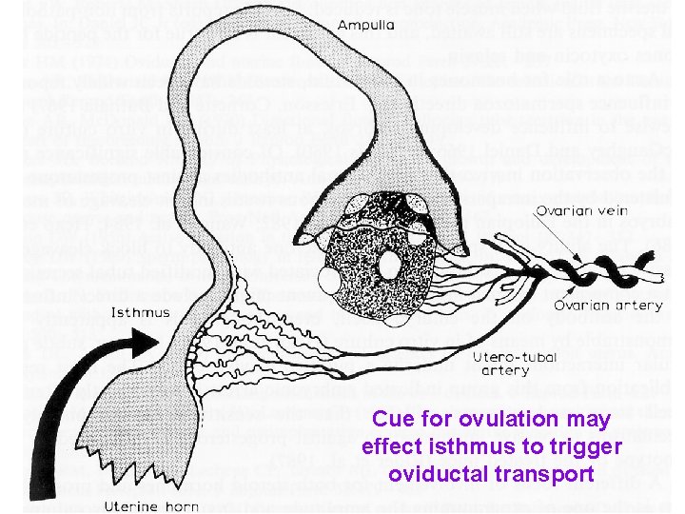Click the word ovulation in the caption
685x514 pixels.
(495, 419)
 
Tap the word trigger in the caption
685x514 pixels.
(588, 447)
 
